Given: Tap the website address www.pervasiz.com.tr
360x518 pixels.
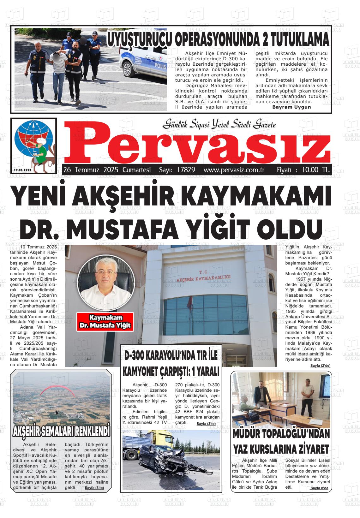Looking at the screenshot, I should (x=234, y=170).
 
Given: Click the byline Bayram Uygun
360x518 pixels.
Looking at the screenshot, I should (x=291, y=107).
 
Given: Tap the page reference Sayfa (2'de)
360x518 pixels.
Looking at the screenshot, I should (x=320, y=366).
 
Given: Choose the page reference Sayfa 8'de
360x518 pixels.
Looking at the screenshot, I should (x=319, y=488).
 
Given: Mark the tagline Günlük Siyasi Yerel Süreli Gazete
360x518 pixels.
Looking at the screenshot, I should (x=219, y=124).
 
